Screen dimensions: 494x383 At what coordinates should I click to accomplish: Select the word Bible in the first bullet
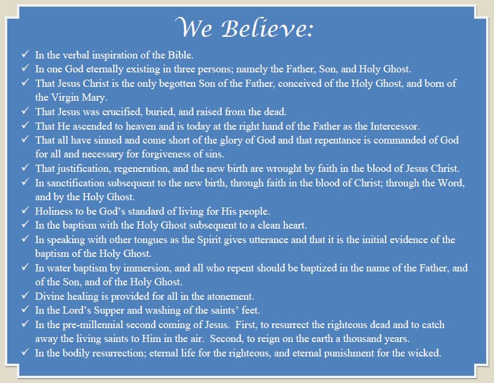click(x=181, y=55)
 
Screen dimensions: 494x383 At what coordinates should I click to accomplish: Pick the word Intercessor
click(x=395, y=126)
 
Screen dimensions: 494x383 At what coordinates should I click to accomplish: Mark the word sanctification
click(x=76, y=183)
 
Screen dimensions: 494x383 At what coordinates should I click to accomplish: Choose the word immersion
click(x=148, y=268)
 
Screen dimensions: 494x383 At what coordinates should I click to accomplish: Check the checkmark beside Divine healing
click(x=25, y=296)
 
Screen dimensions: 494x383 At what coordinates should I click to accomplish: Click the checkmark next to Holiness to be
click(x=25, y=210)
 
